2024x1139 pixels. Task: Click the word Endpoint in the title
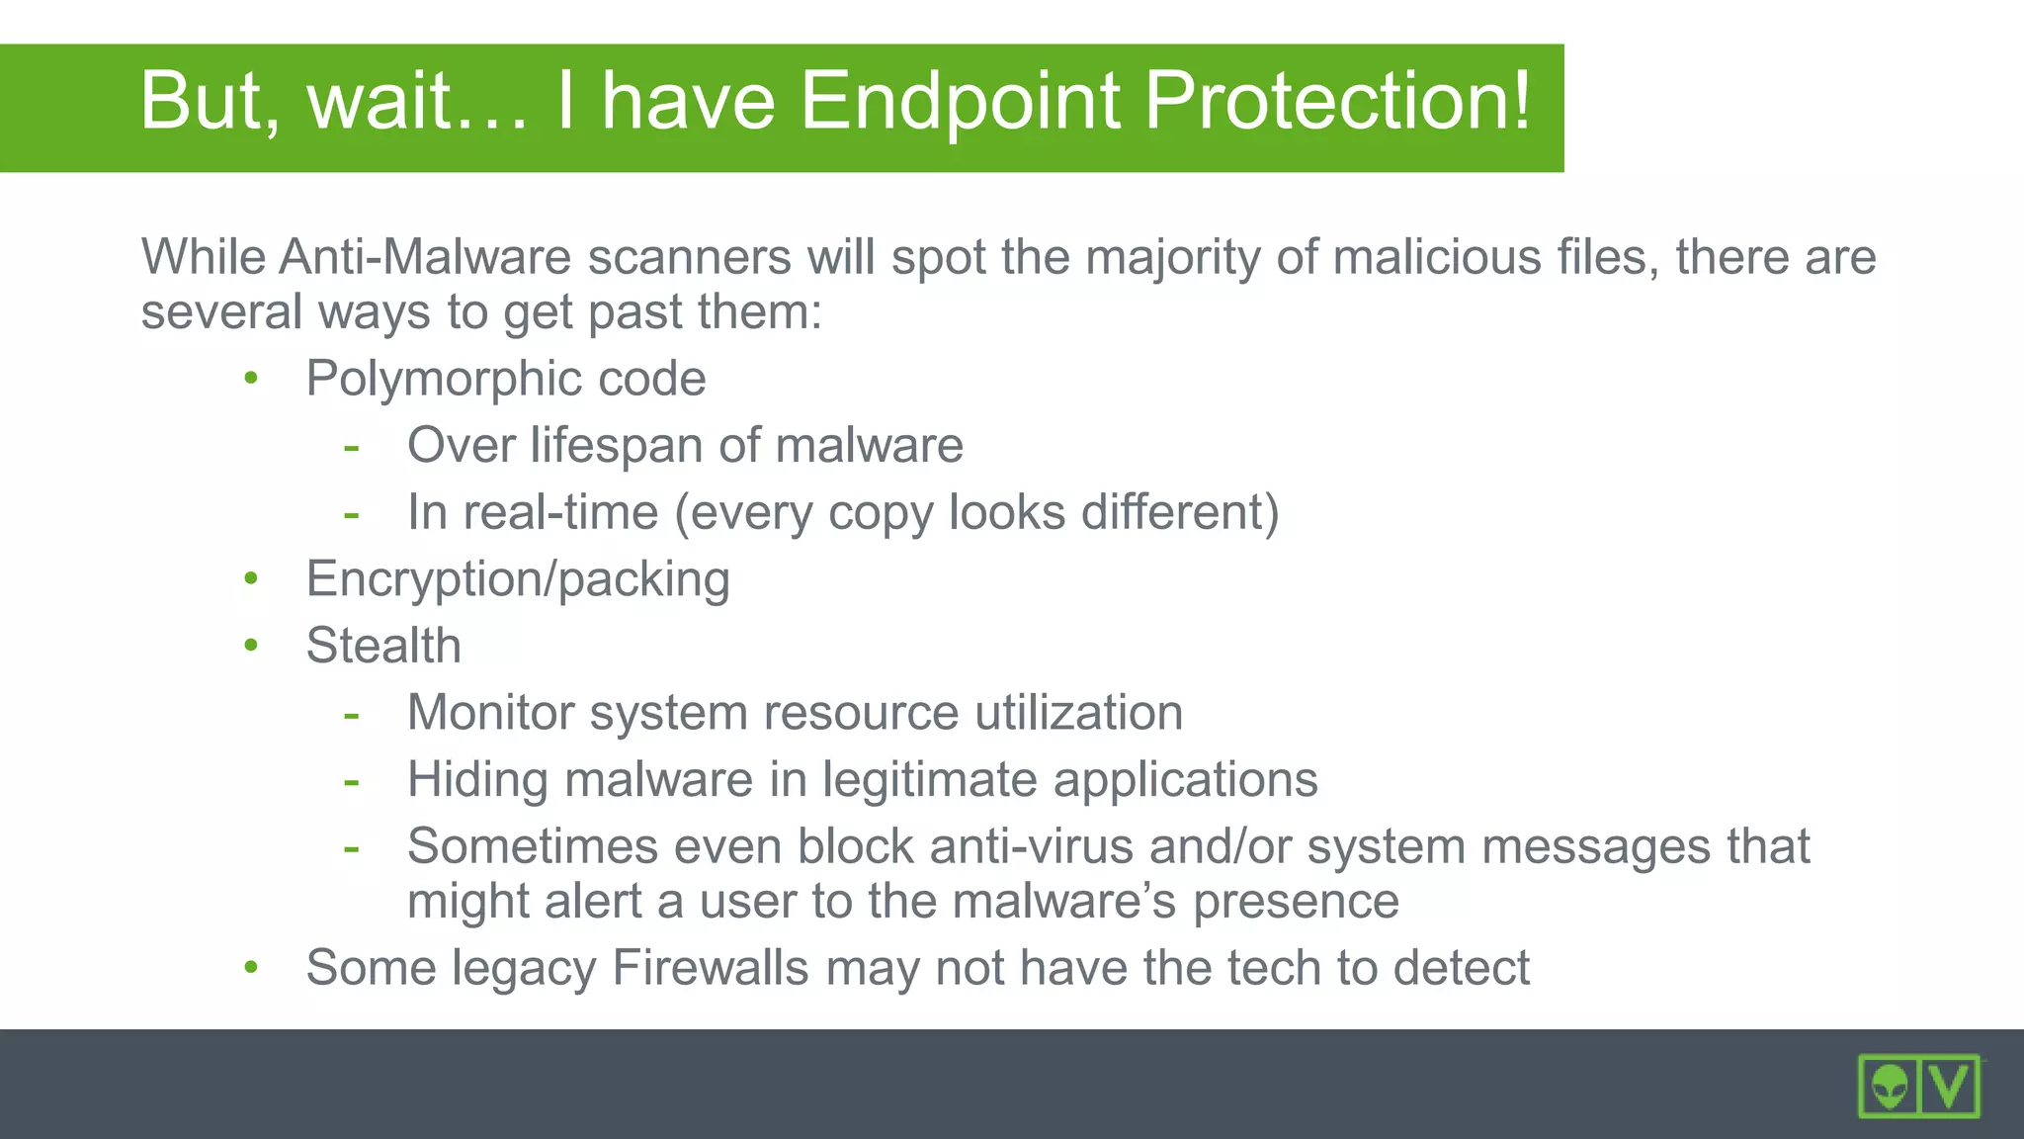[960, 101]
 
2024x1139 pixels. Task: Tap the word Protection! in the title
[1337, 101]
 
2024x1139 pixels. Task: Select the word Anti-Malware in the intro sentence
[425, 257]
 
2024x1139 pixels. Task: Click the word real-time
[560, 512]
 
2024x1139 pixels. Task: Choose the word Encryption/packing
[518, 579]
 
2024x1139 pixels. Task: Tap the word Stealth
[383, 646]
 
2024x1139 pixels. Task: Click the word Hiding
[478, 779]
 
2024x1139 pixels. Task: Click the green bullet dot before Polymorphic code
[251, 379]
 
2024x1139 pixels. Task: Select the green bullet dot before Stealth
[251, 646]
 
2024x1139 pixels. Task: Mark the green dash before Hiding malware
[351, 781]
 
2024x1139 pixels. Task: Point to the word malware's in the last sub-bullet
[1064, 901]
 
